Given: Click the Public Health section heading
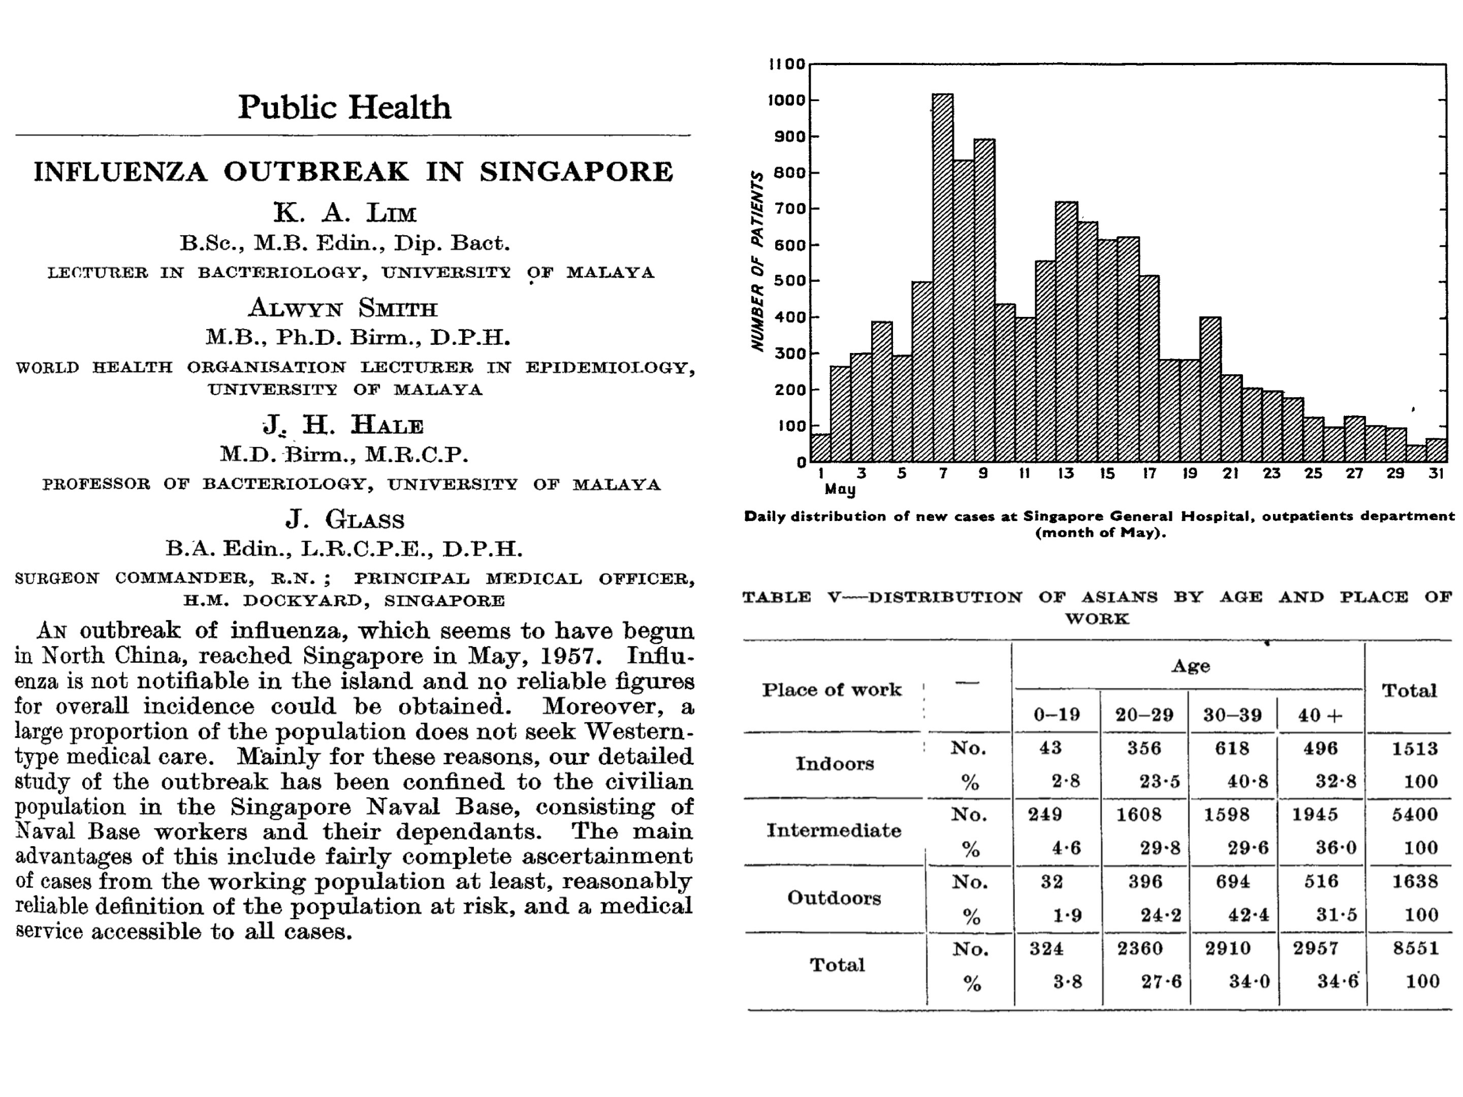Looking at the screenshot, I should [344, 107].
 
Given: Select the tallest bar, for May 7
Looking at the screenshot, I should [942, 278].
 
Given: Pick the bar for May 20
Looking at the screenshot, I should [1211, 390].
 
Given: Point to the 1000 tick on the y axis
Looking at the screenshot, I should [787, 101].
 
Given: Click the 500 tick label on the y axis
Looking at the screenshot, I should [790, 281].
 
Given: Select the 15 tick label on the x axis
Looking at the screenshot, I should [1107, 473].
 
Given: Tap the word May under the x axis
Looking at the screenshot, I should [840, 490].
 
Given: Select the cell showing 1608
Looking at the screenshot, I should [1138, 815].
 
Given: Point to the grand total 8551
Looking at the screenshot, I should [1415, 948].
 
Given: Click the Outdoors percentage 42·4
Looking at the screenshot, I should [1248, 915].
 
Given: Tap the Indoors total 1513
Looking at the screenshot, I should [1414, 749].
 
